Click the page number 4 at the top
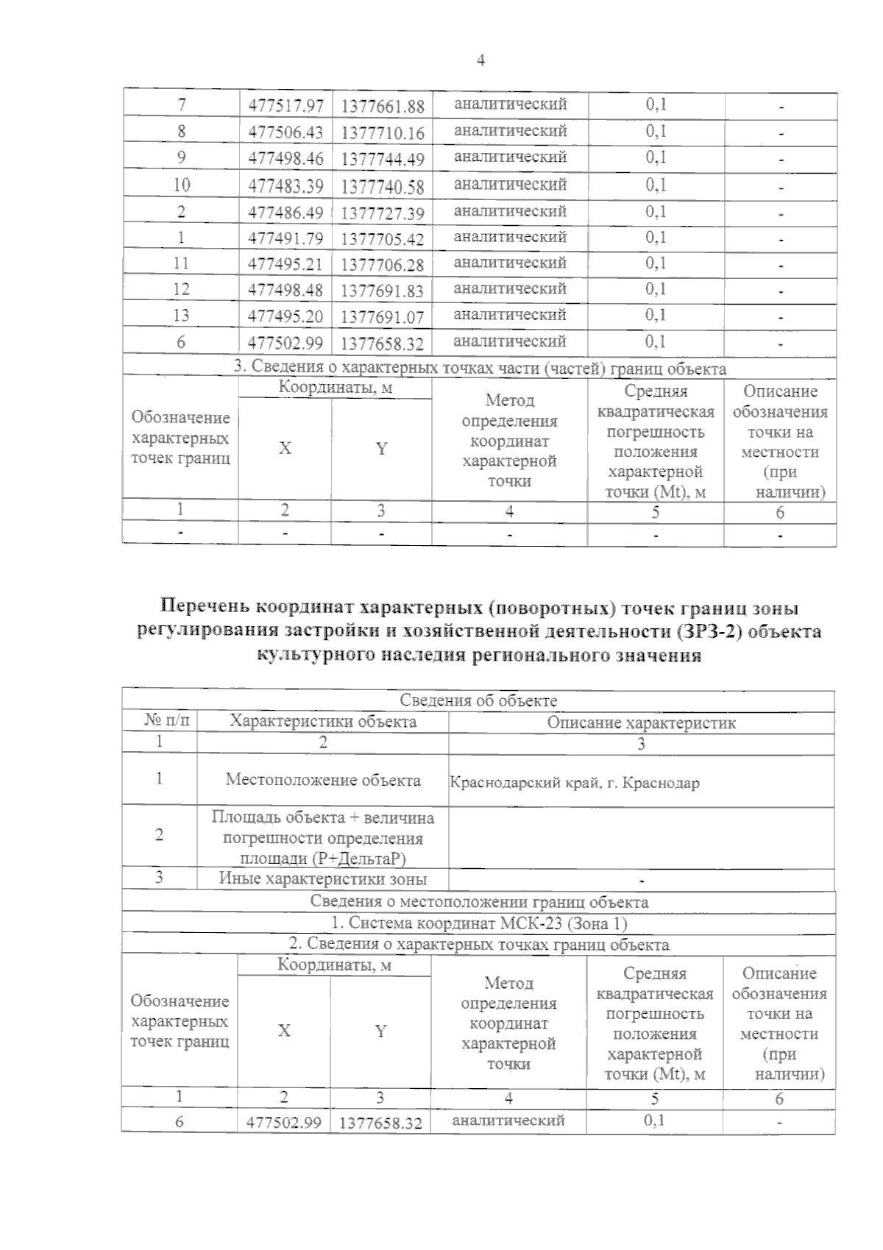[x=480, y=61]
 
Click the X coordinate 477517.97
[x=286, y=106]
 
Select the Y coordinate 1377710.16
[x=383, y=133]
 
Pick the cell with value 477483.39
[x=286, y=186]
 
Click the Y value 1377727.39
[x=383, y=213]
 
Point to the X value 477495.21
[x=286, y=264]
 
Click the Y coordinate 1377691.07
[x=383, y=317]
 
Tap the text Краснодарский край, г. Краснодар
[x=574, y=783]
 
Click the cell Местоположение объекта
[x=323, y=780]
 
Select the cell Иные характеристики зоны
[x=323, y=878]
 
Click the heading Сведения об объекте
[x=478, y=701]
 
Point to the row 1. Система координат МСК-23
[x=478, y=923]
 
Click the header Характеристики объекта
[x=323, y=722]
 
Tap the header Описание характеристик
[x=641, y=723]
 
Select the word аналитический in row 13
[x=510, y=315]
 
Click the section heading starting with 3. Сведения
[x=480, y=369]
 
